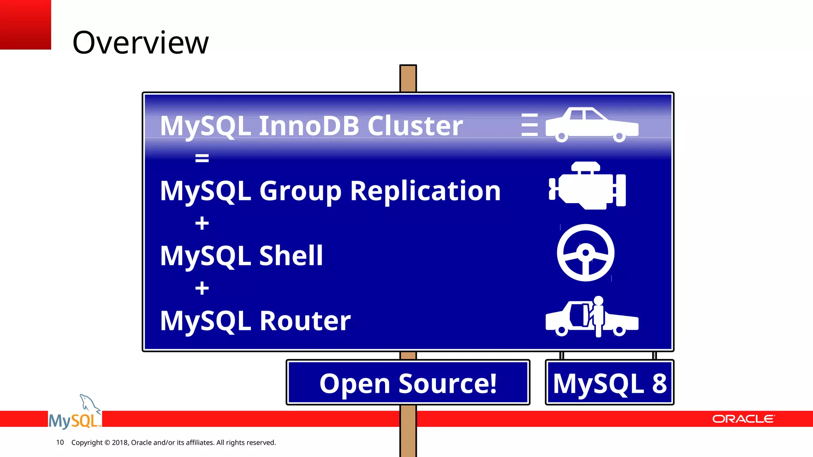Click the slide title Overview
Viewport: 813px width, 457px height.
pyautogui.click(x=140, y=42)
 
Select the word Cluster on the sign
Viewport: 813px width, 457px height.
pyautogui.click(x=415, y=126)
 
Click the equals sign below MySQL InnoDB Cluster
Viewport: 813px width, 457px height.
pyautogui.click(x=202, y=158)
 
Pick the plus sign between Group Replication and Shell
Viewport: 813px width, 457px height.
pyautogui.click(x=202, y=223)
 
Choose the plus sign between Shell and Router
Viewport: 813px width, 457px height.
pyautogui.click(x=202, y=288)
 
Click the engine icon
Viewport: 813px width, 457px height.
pyautogui.click(x=587, y=186)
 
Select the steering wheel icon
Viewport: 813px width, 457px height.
pyautogui.click(x=586, y=253)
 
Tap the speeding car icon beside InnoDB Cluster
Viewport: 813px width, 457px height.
pyautogui.click(x=591, y=125)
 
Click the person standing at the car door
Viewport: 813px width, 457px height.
pyautogui.click(x=597, y=315)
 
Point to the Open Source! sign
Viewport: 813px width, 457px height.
pyautogui.click(x=408, y=383)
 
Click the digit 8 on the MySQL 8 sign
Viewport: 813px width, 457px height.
pyautogui.click(x=659, y=383)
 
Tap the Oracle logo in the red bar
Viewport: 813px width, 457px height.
pyautogui.click(x=743, y=419)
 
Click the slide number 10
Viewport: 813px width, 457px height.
pyautogui.click(x=60, y=442)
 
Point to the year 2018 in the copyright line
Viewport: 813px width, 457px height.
pyautogui.click(x=119, y=442)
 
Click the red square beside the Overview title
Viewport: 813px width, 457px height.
pyautogui.click(x=25, y=25)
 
